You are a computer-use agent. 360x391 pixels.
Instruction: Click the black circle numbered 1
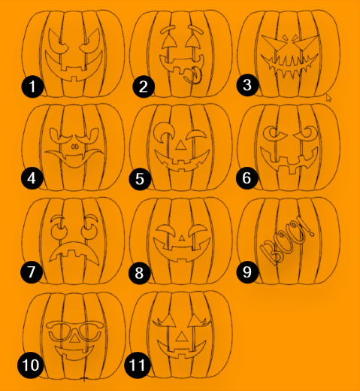(32, 87)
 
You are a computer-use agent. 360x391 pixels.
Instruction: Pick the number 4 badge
(32, 180)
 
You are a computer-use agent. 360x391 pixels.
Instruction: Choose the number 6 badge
(247, 180)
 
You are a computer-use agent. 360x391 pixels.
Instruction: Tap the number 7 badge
(32, 272)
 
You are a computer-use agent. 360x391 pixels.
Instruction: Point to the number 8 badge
(140, 272)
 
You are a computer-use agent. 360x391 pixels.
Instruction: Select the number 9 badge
(247, 272)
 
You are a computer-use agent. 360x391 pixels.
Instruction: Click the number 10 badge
(29, 366)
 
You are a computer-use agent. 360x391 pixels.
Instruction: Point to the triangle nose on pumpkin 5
(180, 144)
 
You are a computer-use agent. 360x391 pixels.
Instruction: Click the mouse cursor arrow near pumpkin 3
(328, 98)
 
